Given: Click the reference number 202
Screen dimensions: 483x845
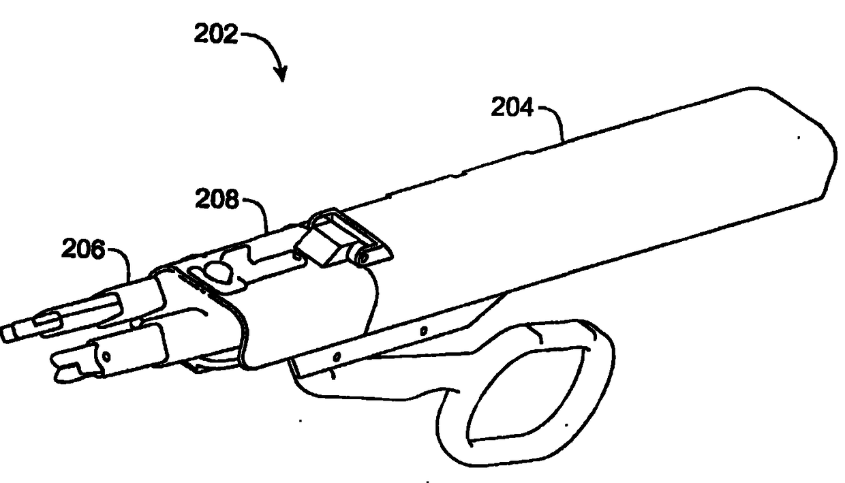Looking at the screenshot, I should coord(216,35).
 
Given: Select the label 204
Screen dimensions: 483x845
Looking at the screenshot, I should coord(513,108).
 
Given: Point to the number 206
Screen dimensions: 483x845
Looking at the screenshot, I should coord(83,251).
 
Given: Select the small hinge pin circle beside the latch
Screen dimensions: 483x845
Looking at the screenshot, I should coord(364,257).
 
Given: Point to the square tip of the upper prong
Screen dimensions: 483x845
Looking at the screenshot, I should coord(9,333).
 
